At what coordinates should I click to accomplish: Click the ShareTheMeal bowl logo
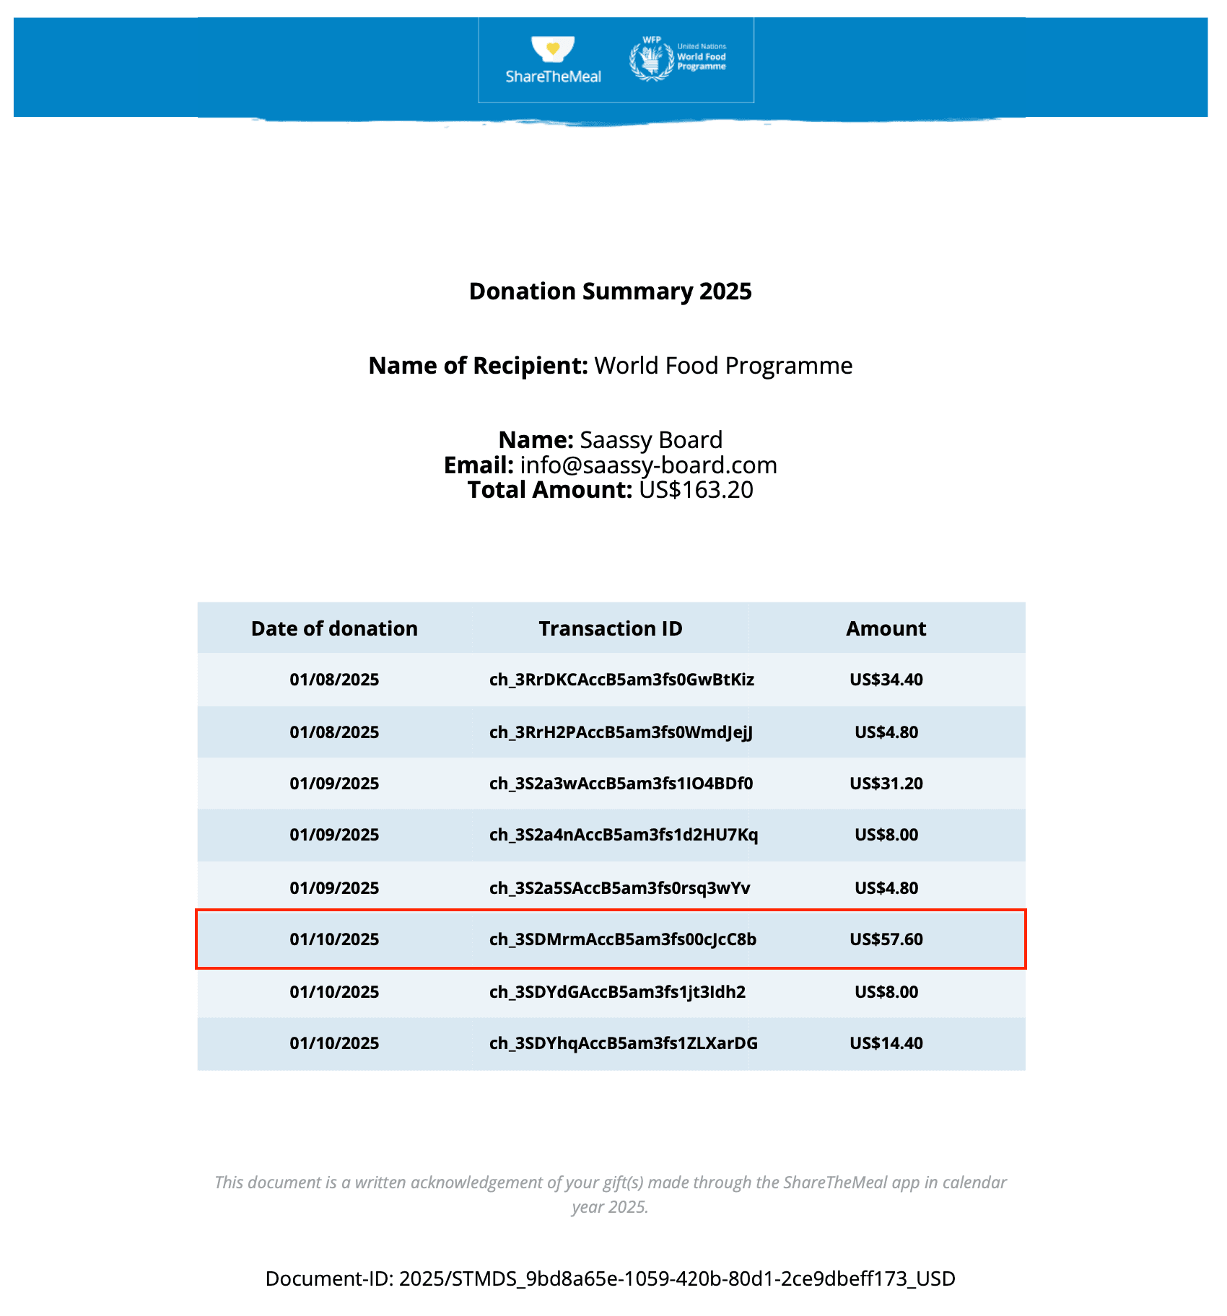(553, 50)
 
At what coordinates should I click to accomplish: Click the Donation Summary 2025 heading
(610, 291)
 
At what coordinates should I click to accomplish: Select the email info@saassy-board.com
(648, 465)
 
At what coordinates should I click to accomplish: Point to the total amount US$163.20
(696, 490)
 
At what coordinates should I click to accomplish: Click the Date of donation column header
(334, 628)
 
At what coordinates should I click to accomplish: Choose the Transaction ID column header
(610, 628)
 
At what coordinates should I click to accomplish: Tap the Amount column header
(886, 628)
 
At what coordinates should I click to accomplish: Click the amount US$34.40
(886, 680)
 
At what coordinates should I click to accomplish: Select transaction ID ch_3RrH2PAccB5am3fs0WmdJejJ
(621, 732)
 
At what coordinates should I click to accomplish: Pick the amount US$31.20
(886, 784)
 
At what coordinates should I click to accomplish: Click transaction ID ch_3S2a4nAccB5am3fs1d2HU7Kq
(623, 835)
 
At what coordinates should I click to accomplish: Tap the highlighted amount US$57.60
(886, 939)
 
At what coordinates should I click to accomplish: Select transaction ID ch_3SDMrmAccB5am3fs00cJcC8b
(622, 939)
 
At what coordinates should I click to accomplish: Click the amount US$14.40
(886, 1043)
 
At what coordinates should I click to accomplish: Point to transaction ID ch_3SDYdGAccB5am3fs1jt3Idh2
(617, 992)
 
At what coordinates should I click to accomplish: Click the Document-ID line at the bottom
(610, 1278)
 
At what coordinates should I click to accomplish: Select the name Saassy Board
(650, 440)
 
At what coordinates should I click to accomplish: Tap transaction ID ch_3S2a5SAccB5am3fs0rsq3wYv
(619, 888)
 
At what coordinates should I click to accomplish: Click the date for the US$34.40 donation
(334, 680)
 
